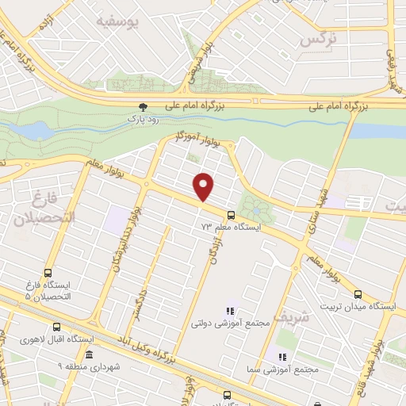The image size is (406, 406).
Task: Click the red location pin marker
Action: (205, 186)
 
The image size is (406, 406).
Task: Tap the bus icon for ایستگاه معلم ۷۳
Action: (231, 215)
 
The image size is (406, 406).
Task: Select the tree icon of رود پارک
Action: (143, 105)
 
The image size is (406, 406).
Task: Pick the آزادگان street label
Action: (212, 251)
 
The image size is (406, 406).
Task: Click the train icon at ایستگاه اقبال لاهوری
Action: (56, 327)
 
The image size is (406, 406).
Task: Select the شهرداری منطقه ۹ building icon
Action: (90, 354)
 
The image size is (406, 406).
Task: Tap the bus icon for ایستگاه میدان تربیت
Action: (358, 294)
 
